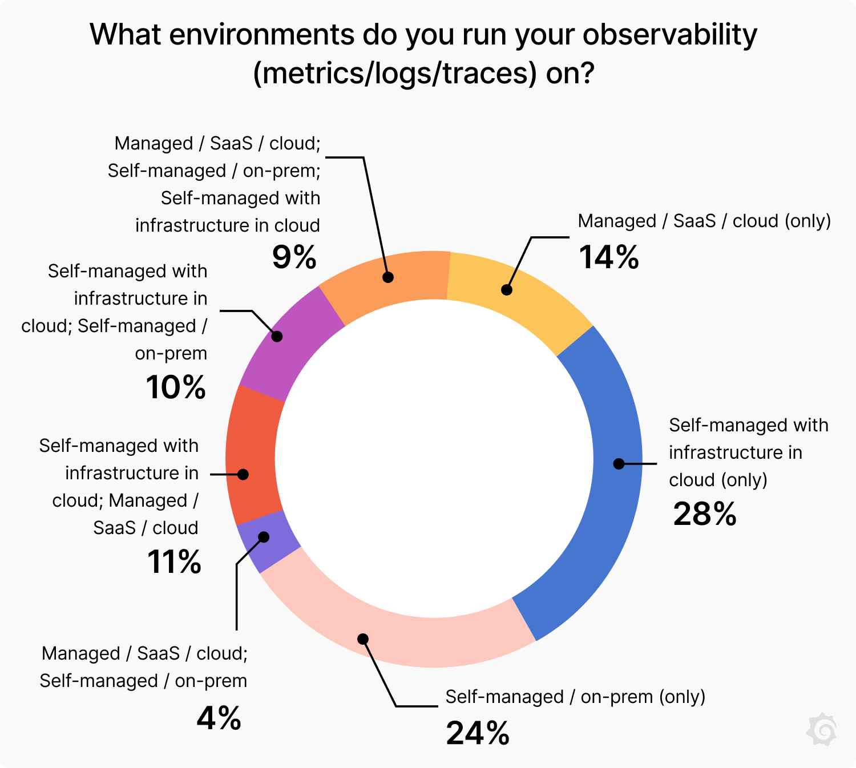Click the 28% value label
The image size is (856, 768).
coord(705,514)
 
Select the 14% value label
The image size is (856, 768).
coord(609,257)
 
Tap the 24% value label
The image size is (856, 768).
coord(478,733)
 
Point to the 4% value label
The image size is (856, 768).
coord(219,718)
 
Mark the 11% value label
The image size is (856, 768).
coord(174,562)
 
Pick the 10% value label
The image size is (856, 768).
coord(176,387)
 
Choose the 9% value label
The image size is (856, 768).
coord(294,257)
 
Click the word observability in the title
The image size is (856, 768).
coord(670,35)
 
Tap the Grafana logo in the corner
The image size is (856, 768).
coord(822,729)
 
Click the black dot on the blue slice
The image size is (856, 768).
coord(619,464)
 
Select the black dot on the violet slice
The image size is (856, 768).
coord(264,537)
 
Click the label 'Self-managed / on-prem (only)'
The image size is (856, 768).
coord(575,697)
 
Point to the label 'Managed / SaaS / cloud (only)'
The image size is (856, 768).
coord(704,221)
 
